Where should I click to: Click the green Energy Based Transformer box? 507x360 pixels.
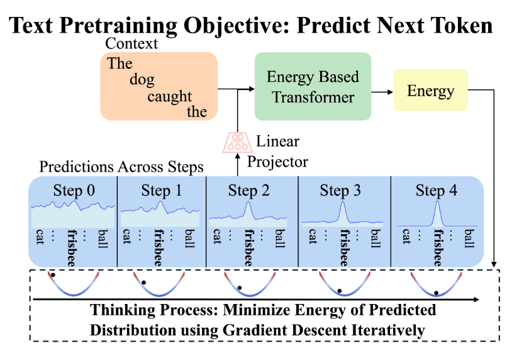(313, 87)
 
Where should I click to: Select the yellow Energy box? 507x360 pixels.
(430, 91)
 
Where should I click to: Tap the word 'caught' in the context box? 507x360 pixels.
(170, 96)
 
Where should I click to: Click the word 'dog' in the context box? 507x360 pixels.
(142, 80)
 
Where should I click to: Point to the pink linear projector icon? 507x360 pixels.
(237, 143)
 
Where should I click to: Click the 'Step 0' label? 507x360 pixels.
(74, 190)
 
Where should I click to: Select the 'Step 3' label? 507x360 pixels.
(340, 190)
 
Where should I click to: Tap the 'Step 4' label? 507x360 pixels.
(436, 190)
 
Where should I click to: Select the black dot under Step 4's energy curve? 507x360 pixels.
(436, 292)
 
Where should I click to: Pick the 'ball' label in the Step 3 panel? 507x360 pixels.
(376, 239)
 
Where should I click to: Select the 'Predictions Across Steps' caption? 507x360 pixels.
(121, 167)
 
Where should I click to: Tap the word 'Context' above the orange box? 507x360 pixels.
(131, 43)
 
